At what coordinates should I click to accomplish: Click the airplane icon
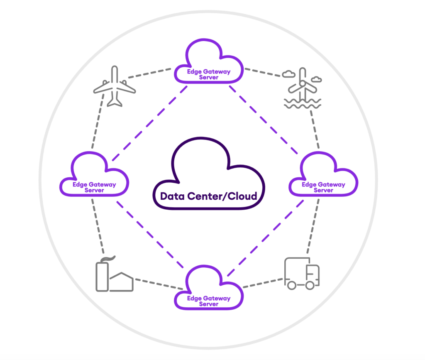pyautogui.click(x=114, y=86)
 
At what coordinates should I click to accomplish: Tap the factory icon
pyautogui.click(x=114, y=276)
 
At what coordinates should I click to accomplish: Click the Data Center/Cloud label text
pyautogui.click(x=209, y=196)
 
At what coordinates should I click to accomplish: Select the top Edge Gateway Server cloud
pyautogui.click(x=209, y=62)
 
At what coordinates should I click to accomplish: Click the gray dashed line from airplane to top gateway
pyautogui.click(x=149, y=73)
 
